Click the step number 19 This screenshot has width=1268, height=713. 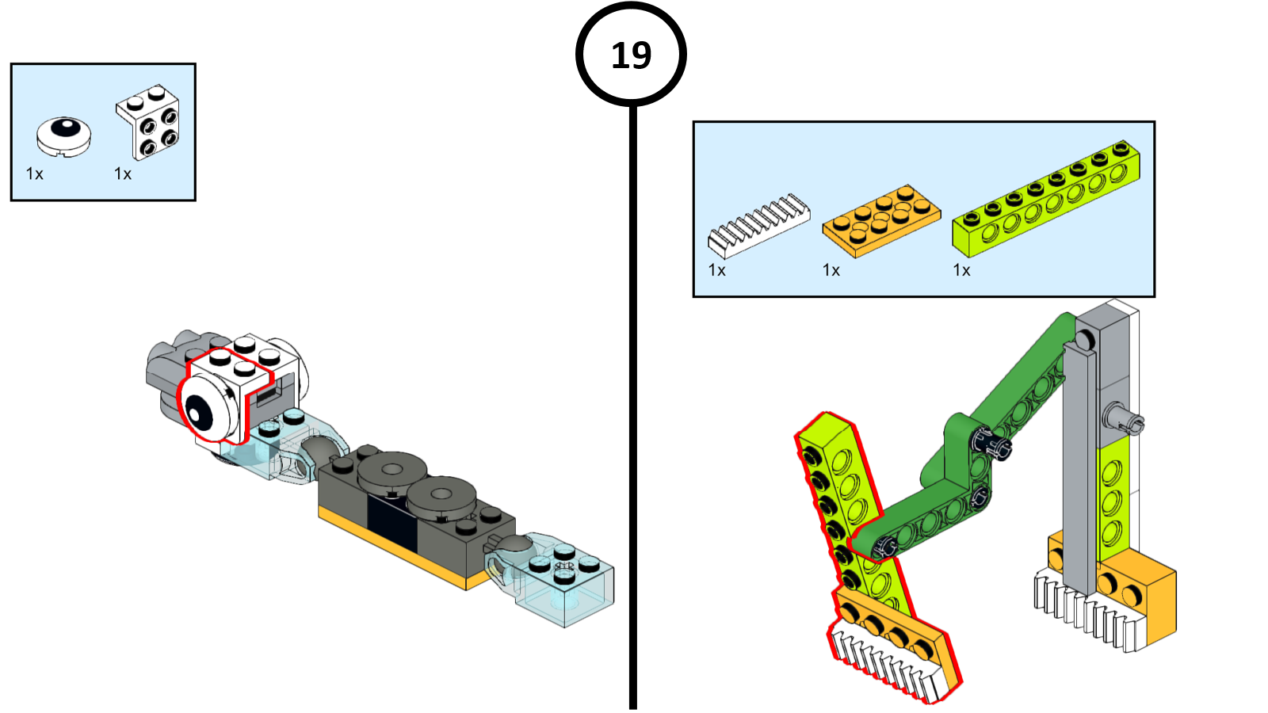click(631, 55)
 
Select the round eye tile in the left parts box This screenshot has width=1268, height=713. click(63, 135)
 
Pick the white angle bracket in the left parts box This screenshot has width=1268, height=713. click(149, 122)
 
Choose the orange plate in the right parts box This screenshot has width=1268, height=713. click(881, 221)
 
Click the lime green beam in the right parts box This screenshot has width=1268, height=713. click(1045, 198)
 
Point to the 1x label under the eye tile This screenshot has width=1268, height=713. click(35, 173)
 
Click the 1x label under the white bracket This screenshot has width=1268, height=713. click(123, 173)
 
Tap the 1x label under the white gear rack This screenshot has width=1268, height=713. click(717, 270)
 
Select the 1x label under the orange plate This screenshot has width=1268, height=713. click(831, 270)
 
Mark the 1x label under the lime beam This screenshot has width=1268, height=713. click(962, 270)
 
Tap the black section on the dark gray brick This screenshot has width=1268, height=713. click(392, 524)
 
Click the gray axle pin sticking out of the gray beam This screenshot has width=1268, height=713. click(1125, 420)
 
